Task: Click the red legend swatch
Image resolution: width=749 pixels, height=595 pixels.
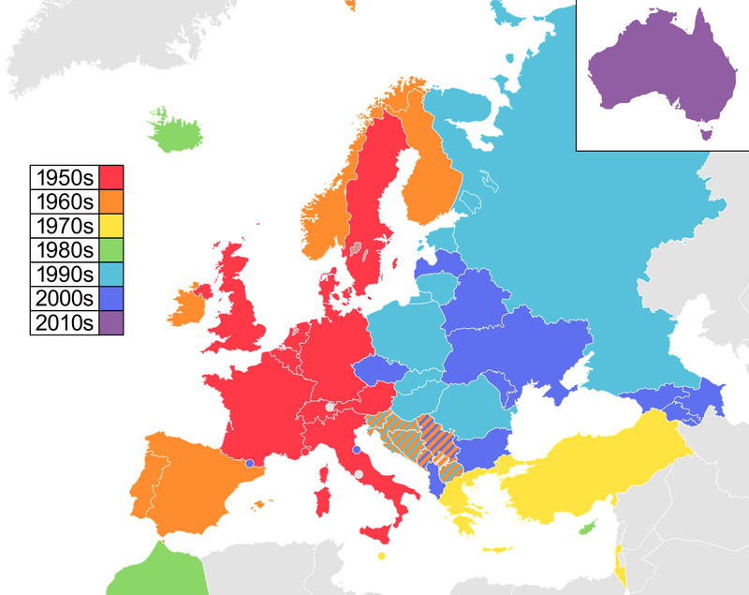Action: [110, 177]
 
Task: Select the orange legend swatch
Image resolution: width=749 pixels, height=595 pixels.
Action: [110, 201]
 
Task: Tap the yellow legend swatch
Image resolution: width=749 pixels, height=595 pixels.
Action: [110, 226]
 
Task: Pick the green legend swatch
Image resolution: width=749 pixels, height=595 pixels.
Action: [110, 250]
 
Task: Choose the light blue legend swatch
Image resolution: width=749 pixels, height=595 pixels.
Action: [110, 274]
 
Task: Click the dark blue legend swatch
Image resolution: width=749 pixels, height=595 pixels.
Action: [110, 298]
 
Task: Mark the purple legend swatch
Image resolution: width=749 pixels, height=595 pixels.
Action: [110, 322]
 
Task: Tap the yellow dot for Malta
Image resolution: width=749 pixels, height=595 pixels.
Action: [381, 556]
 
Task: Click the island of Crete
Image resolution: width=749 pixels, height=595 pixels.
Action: [500, 550]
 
